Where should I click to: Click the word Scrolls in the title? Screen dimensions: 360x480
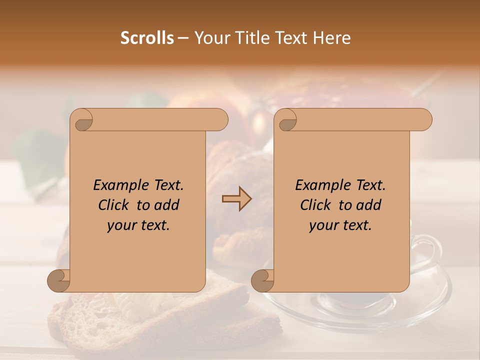click(x=147, y=38)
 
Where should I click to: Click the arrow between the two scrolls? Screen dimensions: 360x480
click(x=236, y=199)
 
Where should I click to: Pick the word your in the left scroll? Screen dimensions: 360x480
click(x=121, y=225)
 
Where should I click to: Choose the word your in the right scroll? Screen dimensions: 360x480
click(x=323, y=225)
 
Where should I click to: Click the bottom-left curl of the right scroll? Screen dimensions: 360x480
click(x=263, y=281)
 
